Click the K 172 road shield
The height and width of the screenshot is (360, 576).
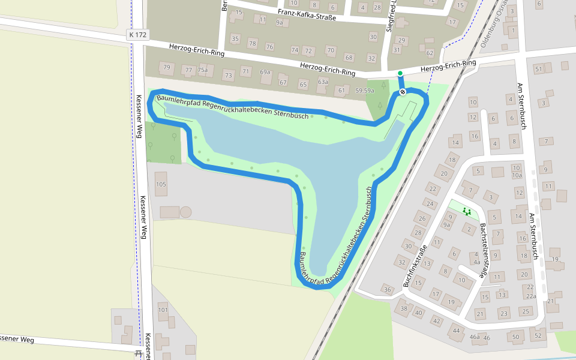click(x=137, y=35)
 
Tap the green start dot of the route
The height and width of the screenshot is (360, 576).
click(x=400, y=74)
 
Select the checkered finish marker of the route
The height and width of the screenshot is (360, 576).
click(x=402, y=92)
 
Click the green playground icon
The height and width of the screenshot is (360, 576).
click(x=467, y=211)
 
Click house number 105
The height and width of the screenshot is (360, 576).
click(x=161, y=184)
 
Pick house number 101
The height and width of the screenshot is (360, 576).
click(x=163, y=310)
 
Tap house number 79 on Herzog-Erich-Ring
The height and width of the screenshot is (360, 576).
click(x=166, y=67)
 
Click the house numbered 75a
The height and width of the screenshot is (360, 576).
click(x=203, y=70)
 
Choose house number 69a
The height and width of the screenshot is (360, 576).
click(x=265, y=72)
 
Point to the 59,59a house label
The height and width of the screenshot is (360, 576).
click(x=364, y=91)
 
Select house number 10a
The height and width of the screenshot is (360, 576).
click(x=517, y=176)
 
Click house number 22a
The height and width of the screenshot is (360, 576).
click(x=530, y=296)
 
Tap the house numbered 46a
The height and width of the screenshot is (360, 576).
click(x=475, y=337)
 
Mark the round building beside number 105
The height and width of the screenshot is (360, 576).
click(x=186, y=212)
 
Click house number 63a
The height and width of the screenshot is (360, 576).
click(x=323, y=82)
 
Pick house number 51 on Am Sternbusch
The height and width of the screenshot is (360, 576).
click(x=539, y=69)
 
